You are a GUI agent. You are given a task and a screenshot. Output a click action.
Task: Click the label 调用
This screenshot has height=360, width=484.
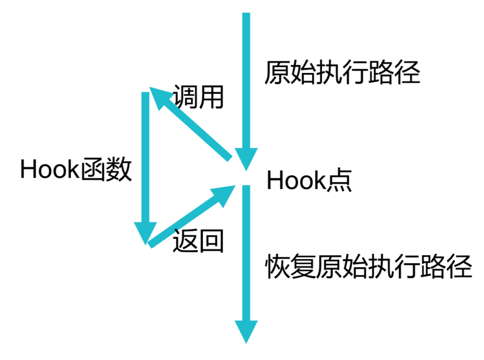click(x=198, y=97)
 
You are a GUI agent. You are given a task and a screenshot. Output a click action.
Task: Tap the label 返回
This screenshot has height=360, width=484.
click(x=198, y=242)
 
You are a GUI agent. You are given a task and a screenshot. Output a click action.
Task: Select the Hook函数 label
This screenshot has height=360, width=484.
click(x=76, y=171)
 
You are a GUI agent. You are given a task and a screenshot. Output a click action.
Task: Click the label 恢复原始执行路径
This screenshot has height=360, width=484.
click(x=368, y=267)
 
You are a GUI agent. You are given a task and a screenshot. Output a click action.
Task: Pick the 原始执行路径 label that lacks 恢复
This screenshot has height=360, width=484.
click(x=342, y=73)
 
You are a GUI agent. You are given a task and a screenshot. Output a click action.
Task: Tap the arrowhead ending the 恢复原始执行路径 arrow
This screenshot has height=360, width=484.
click(x=246, y=331)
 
